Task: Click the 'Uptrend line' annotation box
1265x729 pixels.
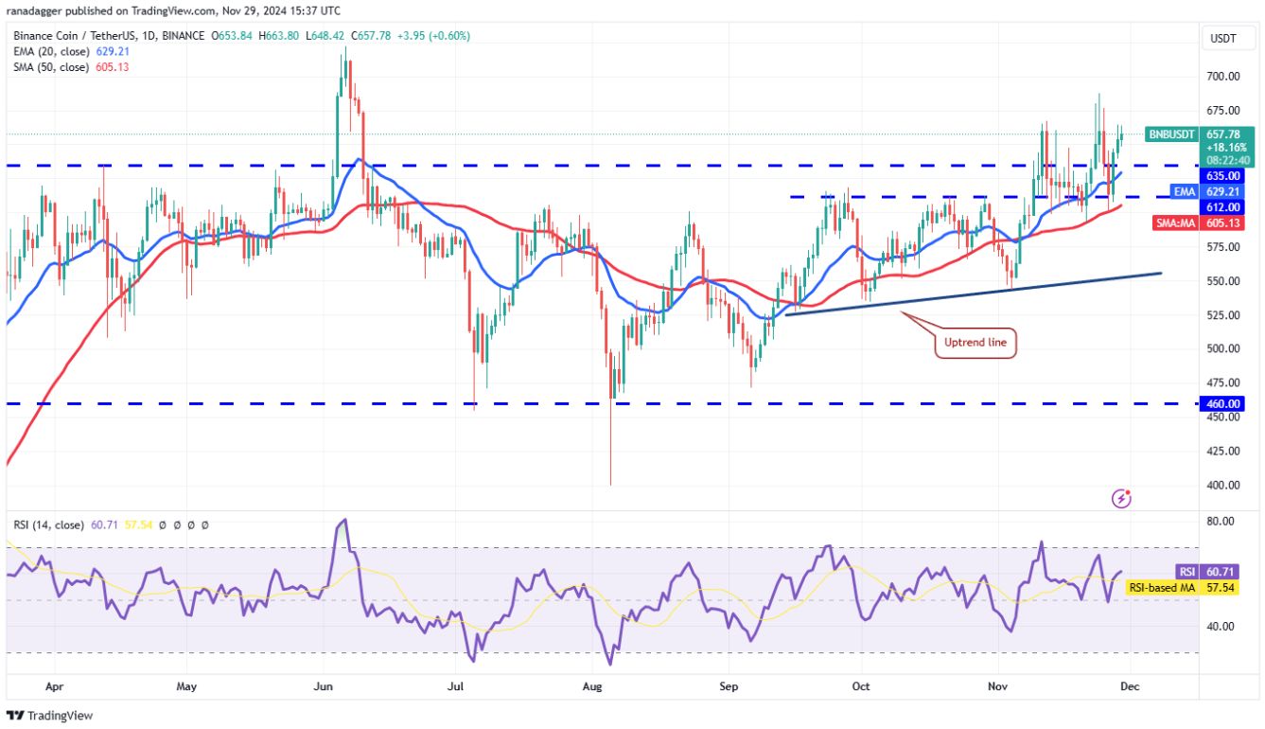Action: [975, 343]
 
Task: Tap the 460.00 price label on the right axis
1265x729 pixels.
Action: [1223, 403]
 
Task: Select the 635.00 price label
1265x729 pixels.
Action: [1223, 175]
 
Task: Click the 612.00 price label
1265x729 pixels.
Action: [1223, 206]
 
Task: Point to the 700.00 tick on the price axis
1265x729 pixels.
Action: [1222, 76]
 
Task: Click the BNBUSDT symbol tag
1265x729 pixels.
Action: [1171, 134]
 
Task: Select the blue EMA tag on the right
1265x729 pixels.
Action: [1182, 190]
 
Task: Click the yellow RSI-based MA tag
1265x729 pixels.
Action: [1161, 588]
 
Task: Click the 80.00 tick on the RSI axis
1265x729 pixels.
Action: [1221, 521]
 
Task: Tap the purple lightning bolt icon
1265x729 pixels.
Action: [1121, 497]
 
